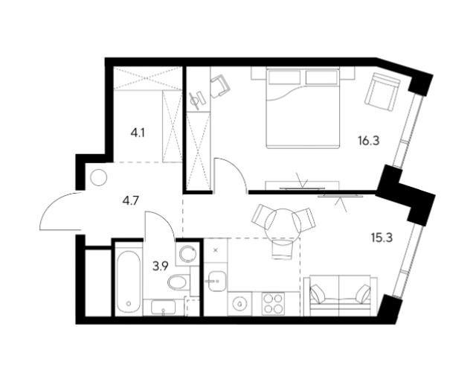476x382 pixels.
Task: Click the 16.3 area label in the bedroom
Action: [x=369, y=141]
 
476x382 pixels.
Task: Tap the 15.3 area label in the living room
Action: [x=382, y=238]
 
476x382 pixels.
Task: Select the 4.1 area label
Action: [x=137, y=133]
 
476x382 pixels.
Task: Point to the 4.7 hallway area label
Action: [x=131, y=200]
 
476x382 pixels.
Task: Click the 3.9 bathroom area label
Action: [x=161, y=267]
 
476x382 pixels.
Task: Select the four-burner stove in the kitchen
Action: [x=273, y=304]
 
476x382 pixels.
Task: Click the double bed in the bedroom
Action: [x=303, y=109]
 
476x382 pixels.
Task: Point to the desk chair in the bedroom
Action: [x=220, y=86]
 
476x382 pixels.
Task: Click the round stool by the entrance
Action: [x=99, y=177]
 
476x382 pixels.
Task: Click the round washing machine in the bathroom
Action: [x=187, y=254]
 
